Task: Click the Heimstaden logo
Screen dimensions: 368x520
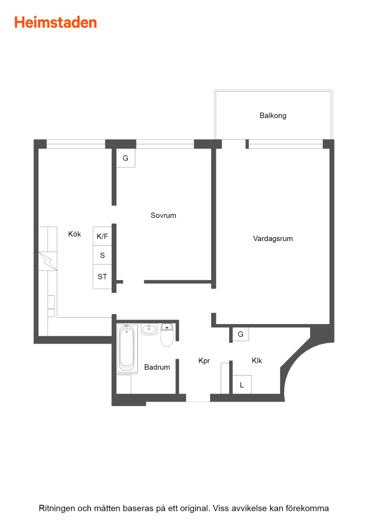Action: pos(56,23)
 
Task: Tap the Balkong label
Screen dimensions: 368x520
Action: pos(273,116)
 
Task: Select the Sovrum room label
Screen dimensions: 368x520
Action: pos(163,216)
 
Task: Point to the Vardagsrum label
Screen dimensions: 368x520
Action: pos(273,239)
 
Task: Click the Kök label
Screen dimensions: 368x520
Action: pos(75,234)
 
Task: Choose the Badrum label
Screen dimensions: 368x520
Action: pos(157,367)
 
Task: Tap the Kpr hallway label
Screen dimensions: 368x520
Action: pos(204,361)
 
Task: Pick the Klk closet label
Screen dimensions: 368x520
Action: pos(257,361)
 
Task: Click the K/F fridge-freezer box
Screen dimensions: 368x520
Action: pos(102,236)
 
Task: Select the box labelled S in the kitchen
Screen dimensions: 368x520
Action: pos(102,255)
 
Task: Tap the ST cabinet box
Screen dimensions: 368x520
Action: pos(102,277)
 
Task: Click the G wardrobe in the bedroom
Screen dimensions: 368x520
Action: pos(126,158)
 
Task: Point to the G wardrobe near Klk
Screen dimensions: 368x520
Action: pos(241,334)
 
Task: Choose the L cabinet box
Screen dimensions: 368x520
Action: pos(242,385)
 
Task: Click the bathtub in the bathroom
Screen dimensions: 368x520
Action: pos(127,348)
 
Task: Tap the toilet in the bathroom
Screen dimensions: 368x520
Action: pos(167,335)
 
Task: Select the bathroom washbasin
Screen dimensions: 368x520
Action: pos(149,329)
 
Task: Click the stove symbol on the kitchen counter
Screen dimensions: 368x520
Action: pos(48,261)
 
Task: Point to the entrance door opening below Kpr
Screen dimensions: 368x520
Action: pos(198,398)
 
